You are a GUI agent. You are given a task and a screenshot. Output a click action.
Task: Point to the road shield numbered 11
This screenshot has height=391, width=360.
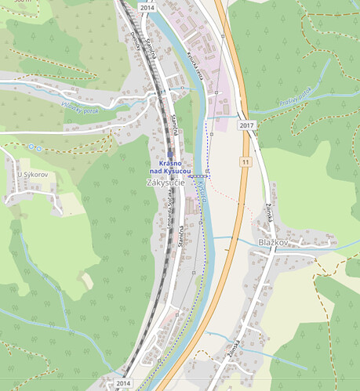[246, 161]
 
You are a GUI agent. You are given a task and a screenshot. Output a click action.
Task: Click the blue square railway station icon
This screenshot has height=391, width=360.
[169, 153]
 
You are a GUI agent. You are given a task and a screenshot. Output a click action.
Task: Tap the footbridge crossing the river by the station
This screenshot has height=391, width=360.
[199, 176]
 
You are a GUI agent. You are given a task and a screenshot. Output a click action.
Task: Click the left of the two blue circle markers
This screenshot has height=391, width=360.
[30, 146]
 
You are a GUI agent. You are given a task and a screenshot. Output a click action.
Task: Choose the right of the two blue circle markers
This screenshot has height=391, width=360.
[37, 147]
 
